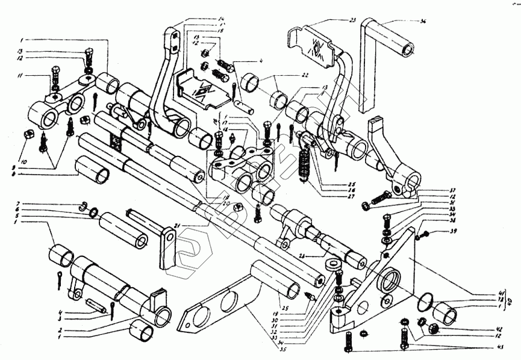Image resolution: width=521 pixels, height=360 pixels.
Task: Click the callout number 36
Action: [x=423, y=22]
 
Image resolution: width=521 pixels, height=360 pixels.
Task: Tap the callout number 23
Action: [x=354, y=20]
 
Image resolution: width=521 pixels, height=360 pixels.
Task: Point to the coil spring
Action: [x=304, y=163]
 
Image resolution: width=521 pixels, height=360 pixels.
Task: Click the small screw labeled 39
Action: [x=425, y=232]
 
